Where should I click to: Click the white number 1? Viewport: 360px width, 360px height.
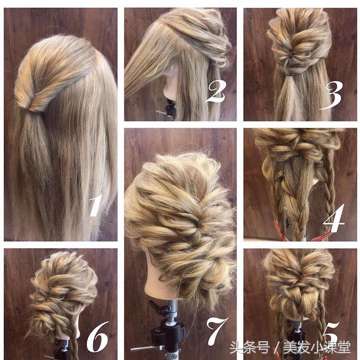coord(96,205)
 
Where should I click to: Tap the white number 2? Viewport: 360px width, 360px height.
coord(216,92)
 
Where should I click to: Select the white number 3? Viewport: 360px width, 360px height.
coord(331,96)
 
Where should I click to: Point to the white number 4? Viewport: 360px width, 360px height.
coord(334,218)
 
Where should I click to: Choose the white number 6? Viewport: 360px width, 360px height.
coord(97,337)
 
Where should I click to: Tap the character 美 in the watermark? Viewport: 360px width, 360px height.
coord(290,348)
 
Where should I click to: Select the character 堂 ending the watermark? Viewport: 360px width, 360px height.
coord(344,348)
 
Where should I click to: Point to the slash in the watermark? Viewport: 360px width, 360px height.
coord(277,348)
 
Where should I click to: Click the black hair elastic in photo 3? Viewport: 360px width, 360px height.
coord(291,74)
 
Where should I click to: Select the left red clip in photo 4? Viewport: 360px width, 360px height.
coord(281,231)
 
